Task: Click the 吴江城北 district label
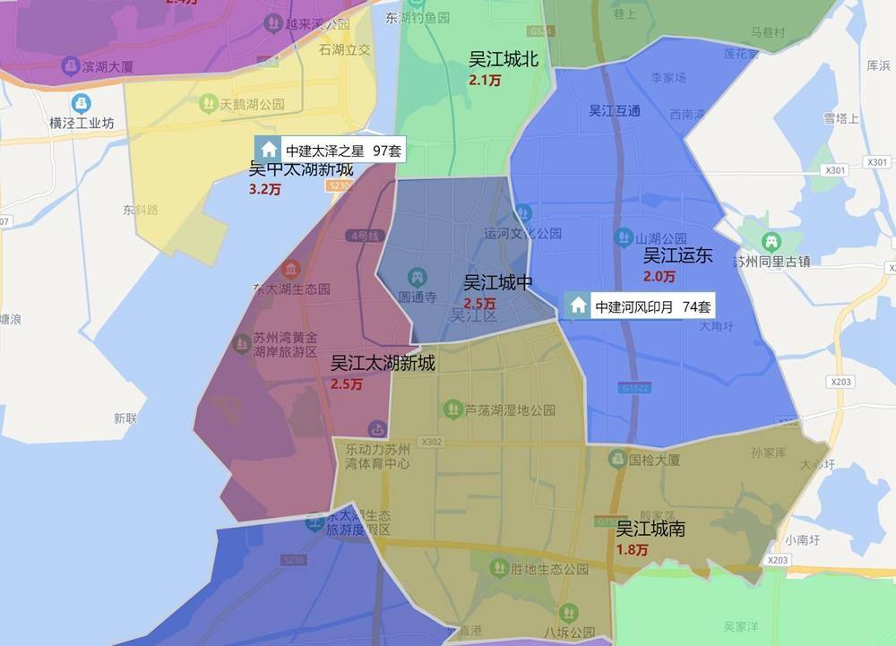click(504, 60)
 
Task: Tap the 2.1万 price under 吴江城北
click(485, 81)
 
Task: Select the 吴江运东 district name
click(677, 255)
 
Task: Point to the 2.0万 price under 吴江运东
click(659, 276)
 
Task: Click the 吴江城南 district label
click(650, 529)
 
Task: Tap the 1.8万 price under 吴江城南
click(633, 549)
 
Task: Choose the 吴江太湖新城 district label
click(383, 363)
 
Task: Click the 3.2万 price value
click(264, 189)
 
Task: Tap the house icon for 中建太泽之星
click(268, 150)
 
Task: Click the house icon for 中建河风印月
click(579, 306)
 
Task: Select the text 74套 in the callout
click(697, 306)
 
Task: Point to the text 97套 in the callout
click(385, 151)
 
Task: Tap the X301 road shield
click(833, 169)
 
